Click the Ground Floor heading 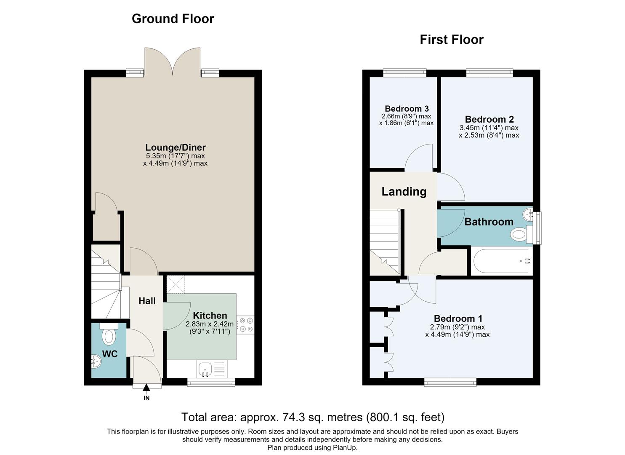coord(173,19)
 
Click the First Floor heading coord(452,39)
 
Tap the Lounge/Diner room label coord(176,147)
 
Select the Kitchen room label coord(210,316)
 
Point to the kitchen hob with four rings coord(245,325)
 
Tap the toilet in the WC coord(109,335)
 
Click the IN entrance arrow coord(146,388)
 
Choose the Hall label coord(147,301)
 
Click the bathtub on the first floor coord(502,261)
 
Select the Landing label coord(404,192)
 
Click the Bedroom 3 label coord(407,108)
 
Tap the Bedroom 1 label coord(458,318)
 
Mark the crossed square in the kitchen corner coord(176,284)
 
